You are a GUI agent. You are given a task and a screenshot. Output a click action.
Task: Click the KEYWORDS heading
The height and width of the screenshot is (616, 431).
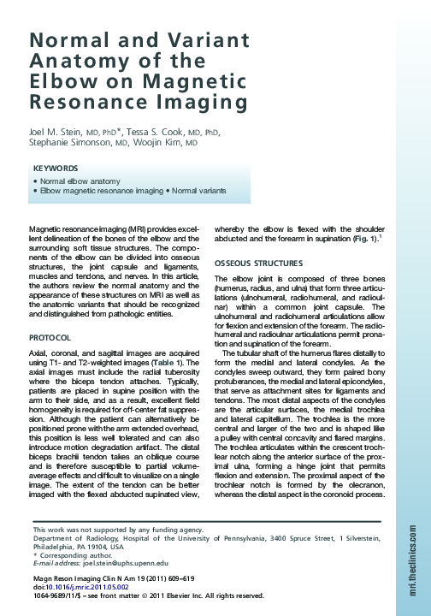point(56,169)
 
